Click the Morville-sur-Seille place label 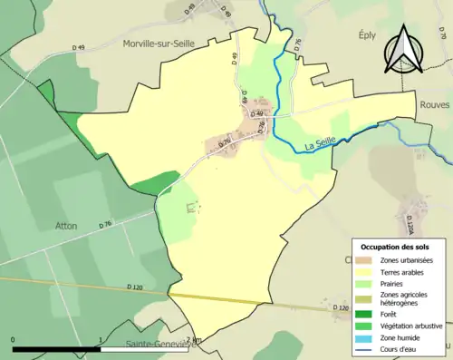pos(174,43)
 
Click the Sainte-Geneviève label pos(150,345)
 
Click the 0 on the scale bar pos(13,340)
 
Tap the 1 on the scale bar pos(100,340)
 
